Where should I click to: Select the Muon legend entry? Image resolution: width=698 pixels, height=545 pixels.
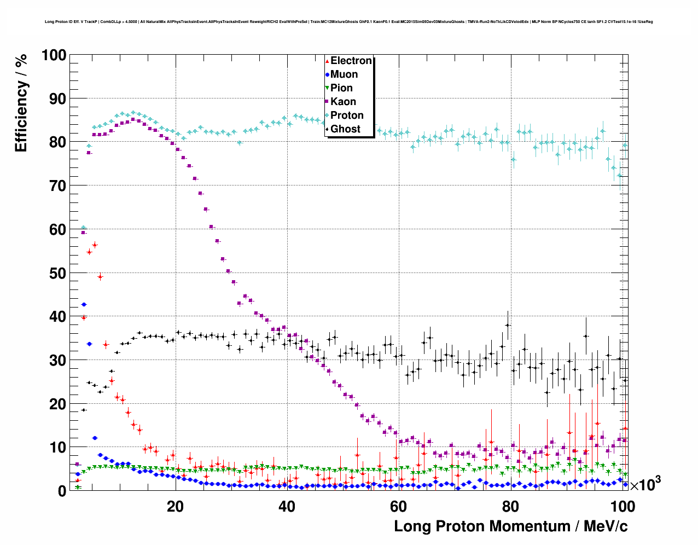click(x=344, y=74)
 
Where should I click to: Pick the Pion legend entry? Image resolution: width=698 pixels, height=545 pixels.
click(x=341, y=88)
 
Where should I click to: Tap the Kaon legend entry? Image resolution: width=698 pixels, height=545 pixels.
click(x=343, y=102)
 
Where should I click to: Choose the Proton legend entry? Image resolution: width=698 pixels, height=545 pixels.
click(x=347, y=115)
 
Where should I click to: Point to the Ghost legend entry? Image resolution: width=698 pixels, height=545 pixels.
click(x=345, y=129)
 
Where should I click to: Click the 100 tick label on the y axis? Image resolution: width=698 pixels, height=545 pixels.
click(x=54, y=55)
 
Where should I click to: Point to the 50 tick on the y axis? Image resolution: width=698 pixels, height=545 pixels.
click(x=57, y=273)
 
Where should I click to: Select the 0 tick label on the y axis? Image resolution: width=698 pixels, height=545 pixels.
click(x=61, y=491)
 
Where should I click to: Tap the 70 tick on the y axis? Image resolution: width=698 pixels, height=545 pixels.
click(x=57, y=186)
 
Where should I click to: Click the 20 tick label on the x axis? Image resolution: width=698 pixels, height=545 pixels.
click(x=175, y=507)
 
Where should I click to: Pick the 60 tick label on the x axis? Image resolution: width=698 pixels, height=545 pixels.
click(x=398, y=507)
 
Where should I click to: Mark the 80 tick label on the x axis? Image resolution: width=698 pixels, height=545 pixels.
click(x=510, y=507)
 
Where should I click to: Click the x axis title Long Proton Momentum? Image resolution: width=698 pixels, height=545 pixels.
click(x=510, y=526)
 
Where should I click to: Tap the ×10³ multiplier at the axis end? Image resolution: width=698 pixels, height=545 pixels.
click(x=645, y=484)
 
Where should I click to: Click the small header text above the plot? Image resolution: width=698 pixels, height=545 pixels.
click(x=348, y=22)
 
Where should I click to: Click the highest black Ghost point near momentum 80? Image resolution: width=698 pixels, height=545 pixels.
click(x=508, y=324)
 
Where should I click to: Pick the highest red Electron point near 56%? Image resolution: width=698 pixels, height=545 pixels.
click(x=95, y=245)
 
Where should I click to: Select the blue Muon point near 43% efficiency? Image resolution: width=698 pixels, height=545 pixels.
click(x=84, y=304)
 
